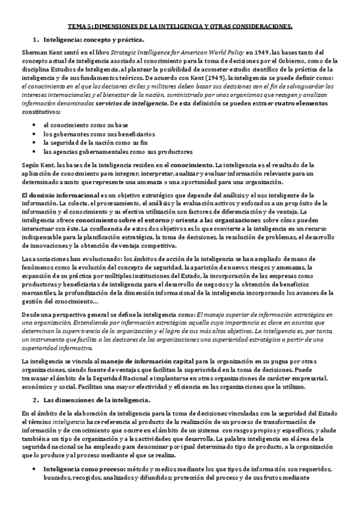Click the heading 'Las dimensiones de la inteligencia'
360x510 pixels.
97,400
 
